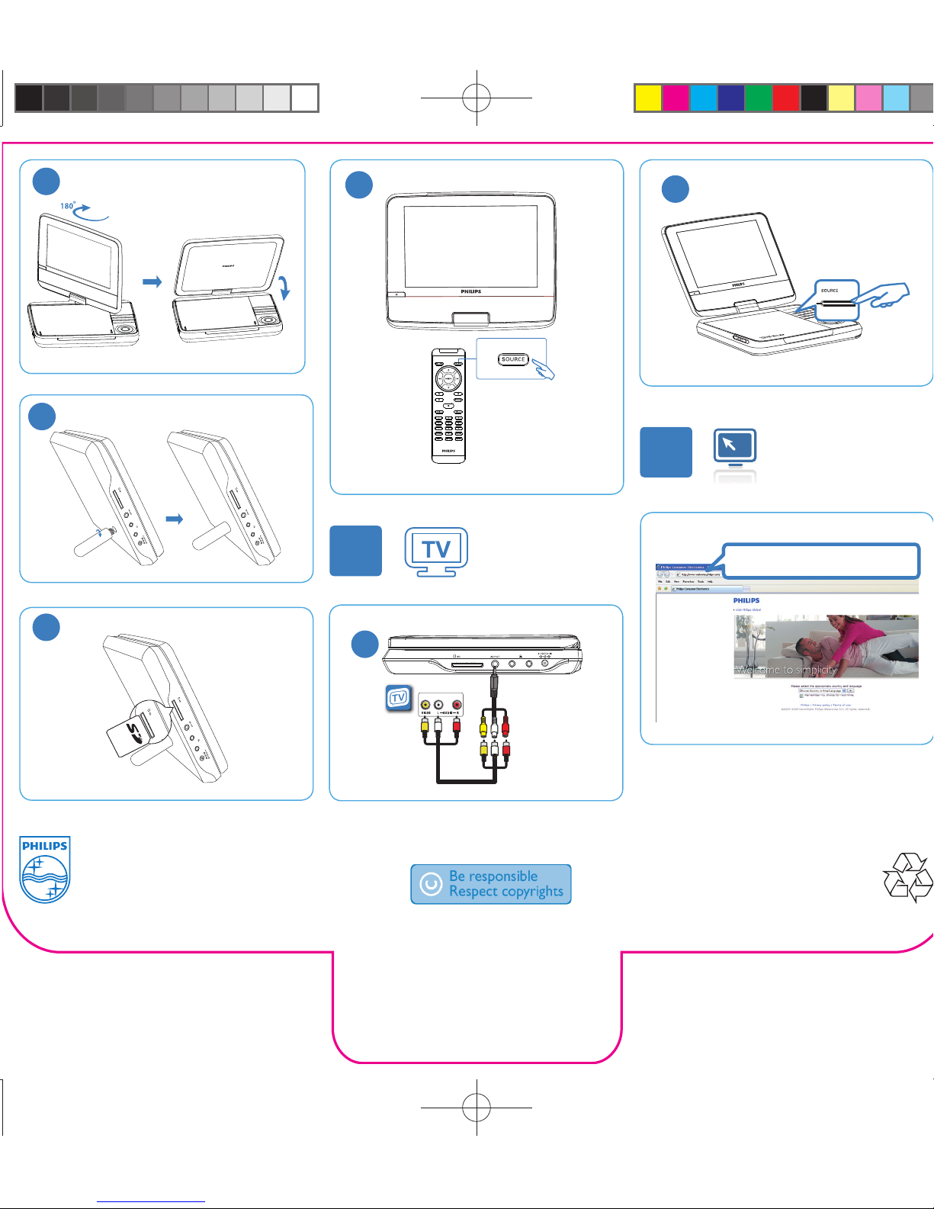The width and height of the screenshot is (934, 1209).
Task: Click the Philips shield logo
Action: pyautogui.click(x=45, y=869)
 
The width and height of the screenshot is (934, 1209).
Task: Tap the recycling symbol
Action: pyautogui.click(x=907, y=878)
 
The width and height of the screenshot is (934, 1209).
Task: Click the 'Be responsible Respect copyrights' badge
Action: pyautogui.click(x=491, y=884)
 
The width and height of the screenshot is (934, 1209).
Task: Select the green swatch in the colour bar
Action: pyautogui.click(x=758, y=98)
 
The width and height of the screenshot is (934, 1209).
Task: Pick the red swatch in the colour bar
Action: pyautogui.click(x=785, y=98)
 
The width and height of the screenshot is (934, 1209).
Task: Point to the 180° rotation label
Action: pyautogui.click(x=68, y=206)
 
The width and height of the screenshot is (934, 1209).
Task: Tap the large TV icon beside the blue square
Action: pyautogui.click(x=436, y=551)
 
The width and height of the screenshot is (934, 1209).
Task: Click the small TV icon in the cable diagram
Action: pyautogui.click(x=398, y=698)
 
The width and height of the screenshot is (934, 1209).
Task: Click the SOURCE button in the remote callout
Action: pyautogui.click(x=513, y=359)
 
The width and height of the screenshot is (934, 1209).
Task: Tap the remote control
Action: pyautogui.click(x=448, y=405)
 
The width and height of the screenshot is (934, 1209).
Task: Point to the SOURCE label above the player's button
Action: pyautogui.click(x=830, y=291)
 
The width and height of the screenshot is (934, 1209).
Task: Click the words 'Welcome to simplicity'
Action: pyautogui.click(x=786, y=670)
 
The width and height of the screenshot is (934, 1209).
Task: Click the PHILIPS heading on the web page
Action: pyautogui.click(x=746, y=600)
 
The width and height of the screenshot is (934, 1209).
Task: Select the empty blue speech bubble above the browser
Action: pyautogui.click(x=820, y=561)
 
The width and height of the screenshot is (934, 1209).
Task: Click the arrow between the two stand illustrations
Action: pyautogui.click(x=175, y=519)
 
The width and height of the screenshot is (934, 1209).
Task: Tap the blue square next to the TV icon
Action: pyautogui.click(x=356, y=551)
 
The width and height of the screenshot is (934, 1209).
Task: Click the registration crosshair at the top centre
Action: pyautogui.click(x=477, y=98)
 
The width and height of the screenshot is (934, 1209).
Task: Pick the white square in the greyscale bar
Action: pyautogui.click(x=305, y=98)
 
